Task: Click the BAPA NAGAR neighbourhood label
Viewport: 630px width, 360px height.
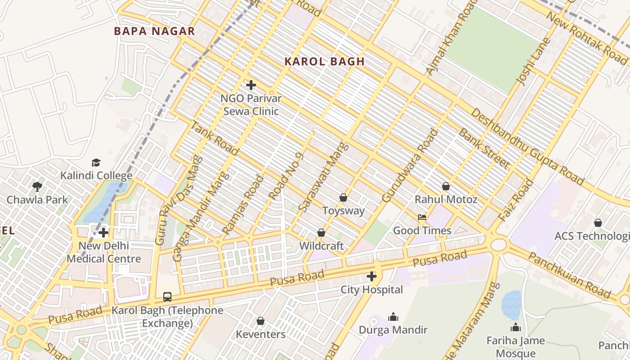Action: pyautogui.click(x=154, y=31)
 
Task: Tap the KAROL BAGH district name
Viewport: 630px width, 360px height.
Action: pyautogui.click(x=324, y=62)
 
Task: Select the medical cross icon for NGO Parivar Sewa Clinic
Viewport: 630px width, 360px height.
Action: pyautogui.click(x=251, y=85)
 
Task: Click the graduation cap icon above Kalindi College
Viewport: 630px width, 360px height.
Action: pyautogui.click(x=96, y=162)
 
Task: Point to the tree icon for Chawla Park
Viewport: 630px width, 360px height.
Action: pyautogui.click(x=37, y=186)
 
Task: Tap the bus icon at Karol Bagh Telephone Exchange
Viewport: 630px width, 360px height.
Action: pyautogui.click(x=167, y=297)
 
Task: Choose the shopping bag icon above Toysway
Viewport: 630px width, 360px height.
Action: pyautogui.click(x=343, y=198)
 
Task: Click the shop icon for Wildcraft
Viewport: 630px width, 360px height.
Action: pyautogui.click(x=321, y=233)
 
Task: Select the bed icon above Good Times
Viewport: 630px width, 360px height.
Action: pyautogui.click(x=422, y=217)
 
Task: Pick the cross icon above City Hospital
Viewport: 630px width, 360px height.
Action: pyautogui.click(x=372, y=276)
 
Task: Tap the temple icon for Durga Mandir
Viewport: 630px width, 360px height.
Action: pyautogui.click(x=393, y=317)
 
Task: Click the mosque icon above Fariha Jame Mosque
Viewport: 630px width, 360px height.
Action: pyautogui.click(x=516, y=327)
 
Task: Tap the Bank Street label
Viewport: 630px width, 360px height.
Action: pyautogui.click(x=484, y=148)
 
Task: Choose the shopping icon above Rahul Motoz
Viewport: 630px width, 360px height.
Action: pyautogui.click(x=446, y=186)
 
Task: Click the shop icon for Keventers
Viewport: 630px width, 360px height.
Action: pyautogui.click(x=261, y=321)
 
